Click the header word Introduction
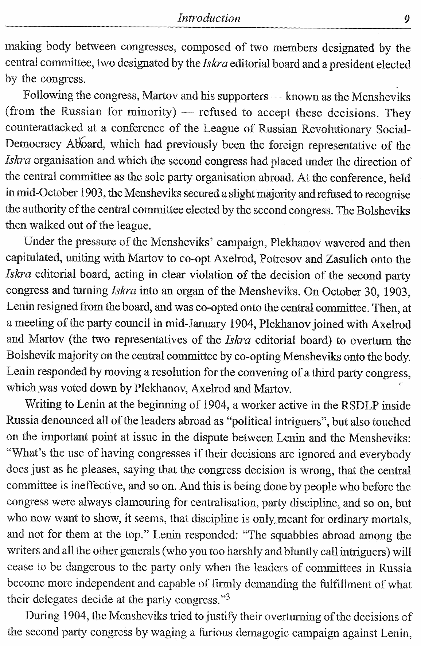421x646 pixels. pyautogui.click(x=209, y=18)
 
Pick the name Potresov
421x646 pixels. pyautogui.click(x=278, y=259)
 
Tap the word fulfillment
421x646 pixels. pyautogui.click(x=341, y=584)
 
